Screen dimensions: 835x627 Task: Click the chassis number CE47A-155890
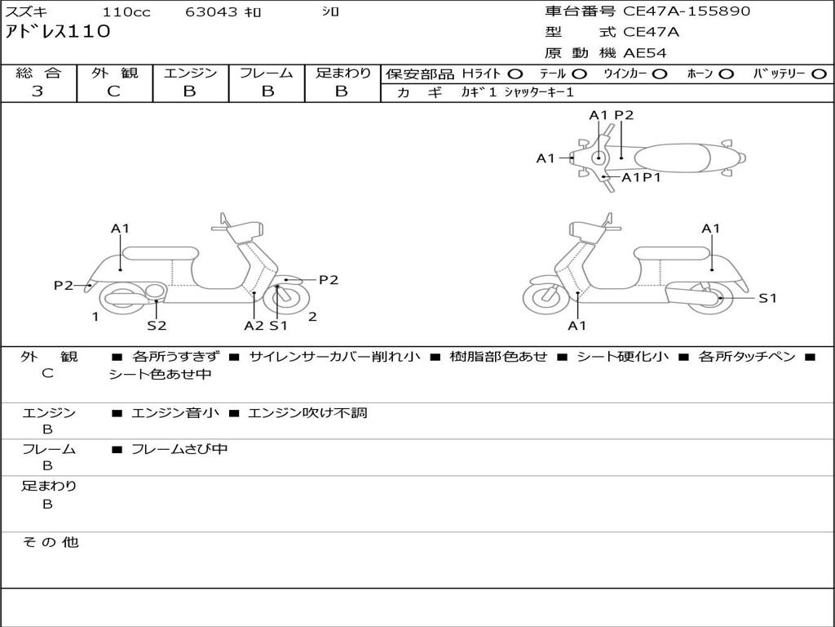tap(687, 11)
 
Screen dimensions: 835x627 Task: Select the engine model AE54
tap(645, 54)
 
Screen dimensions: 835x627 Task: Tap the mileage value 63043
tap(211, 12)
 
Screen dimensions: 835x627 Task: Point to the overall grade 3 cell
tap(38, 91)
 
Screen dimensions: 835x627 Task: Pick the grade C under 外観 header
tap(114, 91)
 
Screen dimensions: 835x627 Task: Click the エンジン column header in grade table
tap(190, 73)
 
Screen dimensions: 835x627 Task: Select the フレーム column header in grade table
tap(267, 73)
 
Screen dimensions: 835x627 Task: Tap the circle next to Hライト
tap(515, 74)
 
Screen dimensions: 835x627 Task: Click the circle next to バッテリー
tap(819, 74)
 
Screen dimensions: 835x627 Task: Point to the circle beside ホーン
tap(726, 74)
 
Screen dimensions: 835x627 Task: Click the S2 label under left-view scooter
tap(157, 326)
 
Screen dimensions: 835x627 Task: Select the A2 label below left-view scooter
tap(254, 326)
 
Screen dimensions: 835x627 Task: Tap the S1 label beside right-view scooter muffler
tap(767, 299)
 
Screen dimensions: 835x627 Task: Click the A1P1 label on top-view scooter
tap(641, 177)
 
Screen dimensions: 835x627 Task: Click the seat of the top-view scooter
tap(673, 157)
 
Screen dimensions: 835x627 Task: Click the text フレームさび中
tap(179, 449)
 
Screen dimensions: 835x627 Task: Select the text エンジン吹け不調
tap(307, 413)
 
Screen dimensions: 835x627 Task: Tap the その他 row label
tap(50, 542)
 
